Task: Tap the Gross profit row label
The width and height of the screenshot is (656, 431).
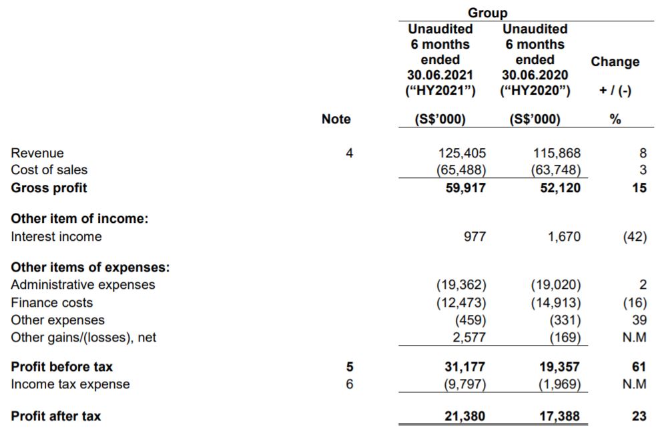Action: [x=49, y=187]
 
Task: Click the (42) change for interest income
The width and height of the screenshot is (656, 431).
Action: [x=635, y=236]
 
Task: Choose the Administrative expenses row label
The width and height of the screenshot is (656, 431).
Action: [x=83, y=285]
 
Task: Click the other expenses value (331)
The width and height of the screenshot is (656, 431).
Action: [x=565, y=320]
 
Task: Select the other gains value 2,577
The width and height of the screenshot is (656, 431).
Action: [x=468, y=337]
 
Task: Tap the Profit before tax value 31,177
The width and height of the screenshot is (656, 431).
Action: [x=465, y=367]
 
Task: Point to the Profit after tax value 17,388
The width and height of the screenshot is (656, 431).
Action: [x=559, y=416]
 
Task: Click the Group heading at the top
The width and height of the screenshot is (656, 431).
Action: [x=488, y=13]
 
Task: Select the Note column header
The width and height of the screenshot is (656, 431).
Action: [x=336, y=119]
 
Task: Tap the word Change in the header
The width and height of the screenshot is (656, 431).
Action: [x=615, y=61]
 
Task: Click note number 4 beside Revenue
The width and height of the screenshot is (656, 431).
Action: [x=349, y=153]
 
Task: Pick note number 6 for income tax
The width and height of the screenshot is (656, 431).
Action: [x=349, y=384]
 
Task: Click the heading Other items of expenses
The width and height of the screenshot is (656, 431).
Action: [x=90, y=268]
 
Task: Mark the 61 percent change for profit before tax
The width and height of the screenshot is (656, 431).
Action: [x=639, y=367]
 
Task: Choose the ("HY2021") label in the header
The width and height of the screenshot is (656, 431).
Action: [x=440, y=91]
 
